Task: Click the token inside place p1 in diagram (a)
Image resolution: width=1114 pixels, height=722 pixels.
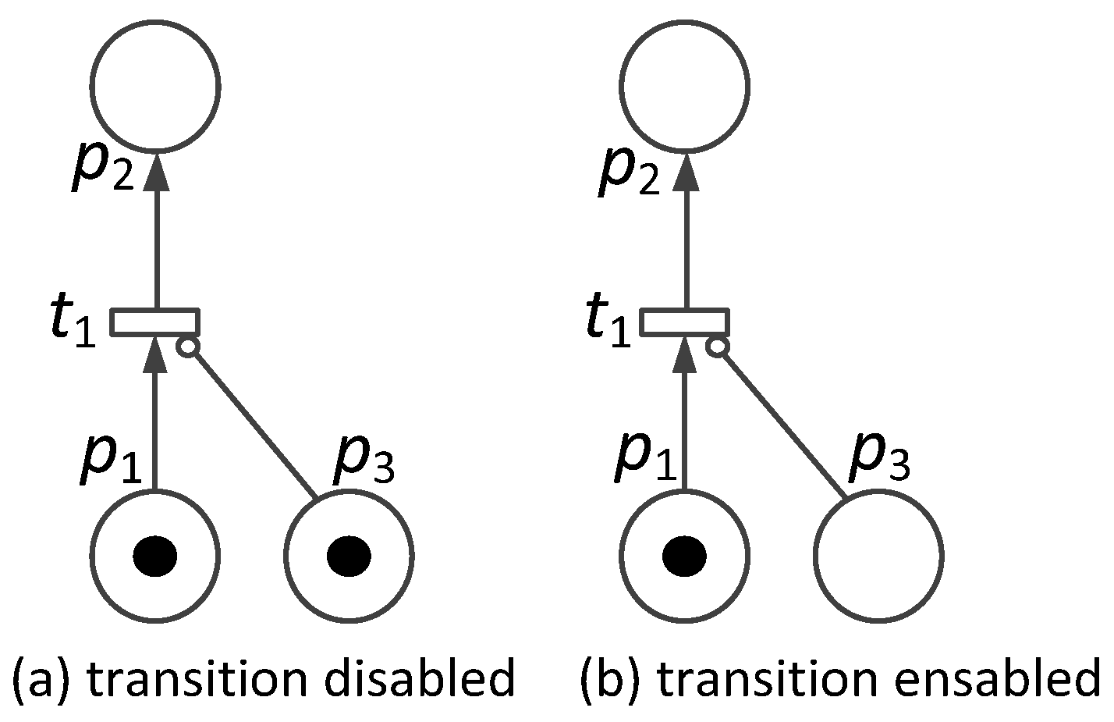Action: (x=155, y=557)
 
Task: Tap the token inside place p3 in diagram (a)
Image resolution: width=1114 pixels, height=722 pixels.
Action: (x=349, y=557)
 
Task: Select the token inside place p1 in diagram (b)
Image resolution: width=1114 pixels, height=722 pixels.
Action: (x=684, y=557)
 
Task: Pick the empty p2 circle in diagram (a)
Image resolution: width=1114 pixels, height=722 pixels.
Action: (x=155, y=86)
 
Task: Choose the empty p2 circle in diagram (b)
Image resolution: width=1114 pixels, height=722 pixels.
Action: (x=684, y=86)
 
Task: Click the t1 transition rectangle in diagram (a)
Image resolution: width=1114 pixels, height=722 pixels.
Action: (x=155, y=322)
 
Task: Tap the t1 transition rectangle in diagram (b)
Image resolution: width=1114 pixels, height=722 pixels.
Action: (x=684, y=322)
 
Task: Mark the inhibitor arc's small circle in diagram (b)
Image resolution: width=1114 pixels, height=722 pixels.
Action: (x=717, y=347)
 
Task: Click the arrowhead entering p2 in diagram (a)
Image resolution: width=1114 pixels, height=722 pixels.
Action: (x=156, y=170)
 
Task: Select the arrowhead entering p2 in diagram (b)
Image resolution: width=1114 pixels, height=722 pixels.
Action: (x=685, y=170)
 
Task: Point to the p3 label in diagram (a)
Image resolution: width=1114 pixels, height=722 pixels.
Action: (x=364, y=461)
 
